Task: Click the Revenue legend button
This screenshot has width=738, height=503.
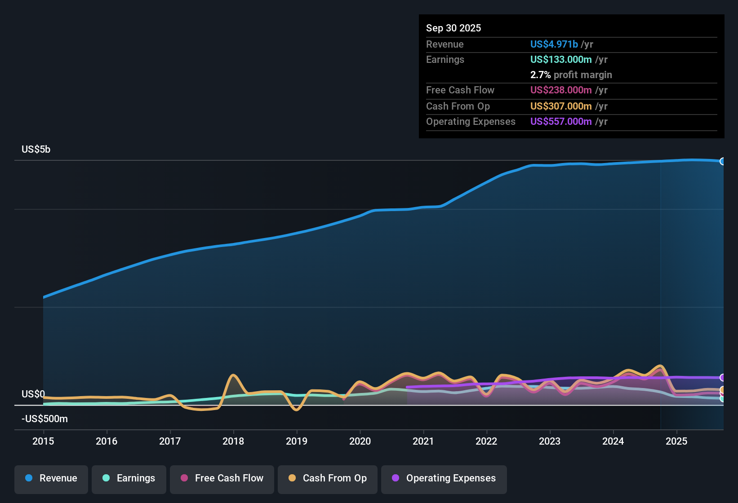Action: tap(51, 478)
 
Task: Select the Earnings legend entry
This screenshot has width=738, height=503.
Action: tap(129, 478)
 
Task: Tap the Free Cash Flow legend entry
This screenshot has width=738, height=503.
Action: tap(222, 478)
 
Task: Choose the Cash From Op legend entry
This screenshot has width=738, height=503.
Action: tap(328, 478)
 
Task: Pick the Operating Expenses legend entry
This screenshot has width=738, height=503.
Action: tap(444, 478)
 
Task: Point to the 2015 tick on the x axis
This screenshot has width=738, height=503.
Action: tap(43, 441)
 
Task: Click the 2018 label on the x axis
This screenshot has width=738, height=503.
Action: tap(233, 441)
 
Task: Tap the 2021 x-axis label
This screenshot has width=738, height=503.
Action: tap(423, 441)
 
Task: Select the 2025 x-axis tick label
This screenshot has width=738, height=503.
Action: tap(676, 441)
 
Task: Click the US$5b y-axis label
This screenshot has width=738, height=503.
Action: tap(36, 149)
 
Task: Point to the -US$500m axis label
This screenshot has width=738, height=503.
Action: tap(44, 419)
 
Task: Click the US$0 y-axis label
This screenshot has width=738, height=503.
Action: tap(33, 394)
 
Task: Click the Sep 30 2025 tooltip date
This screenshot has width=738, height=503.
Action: tap(453, 28)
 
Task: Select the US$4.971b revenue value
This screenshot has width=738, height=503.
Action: tap(554, 44)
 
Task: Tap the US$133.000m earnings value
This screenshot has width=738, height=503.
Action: tap(561, 59)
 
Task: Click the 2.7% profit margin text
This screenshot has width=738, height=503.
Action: tap(571, 75)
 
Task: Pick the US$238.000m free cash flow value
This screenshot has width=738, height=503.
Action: tap(561, 90)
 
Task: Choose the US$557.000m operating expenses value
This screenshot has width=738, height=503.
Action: tap(561, 121)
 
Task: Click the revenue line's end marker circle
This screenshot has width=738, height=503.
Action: tap(723, 161)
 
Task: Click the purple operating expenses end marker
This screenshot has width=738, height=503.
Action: tap(723, 378)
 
